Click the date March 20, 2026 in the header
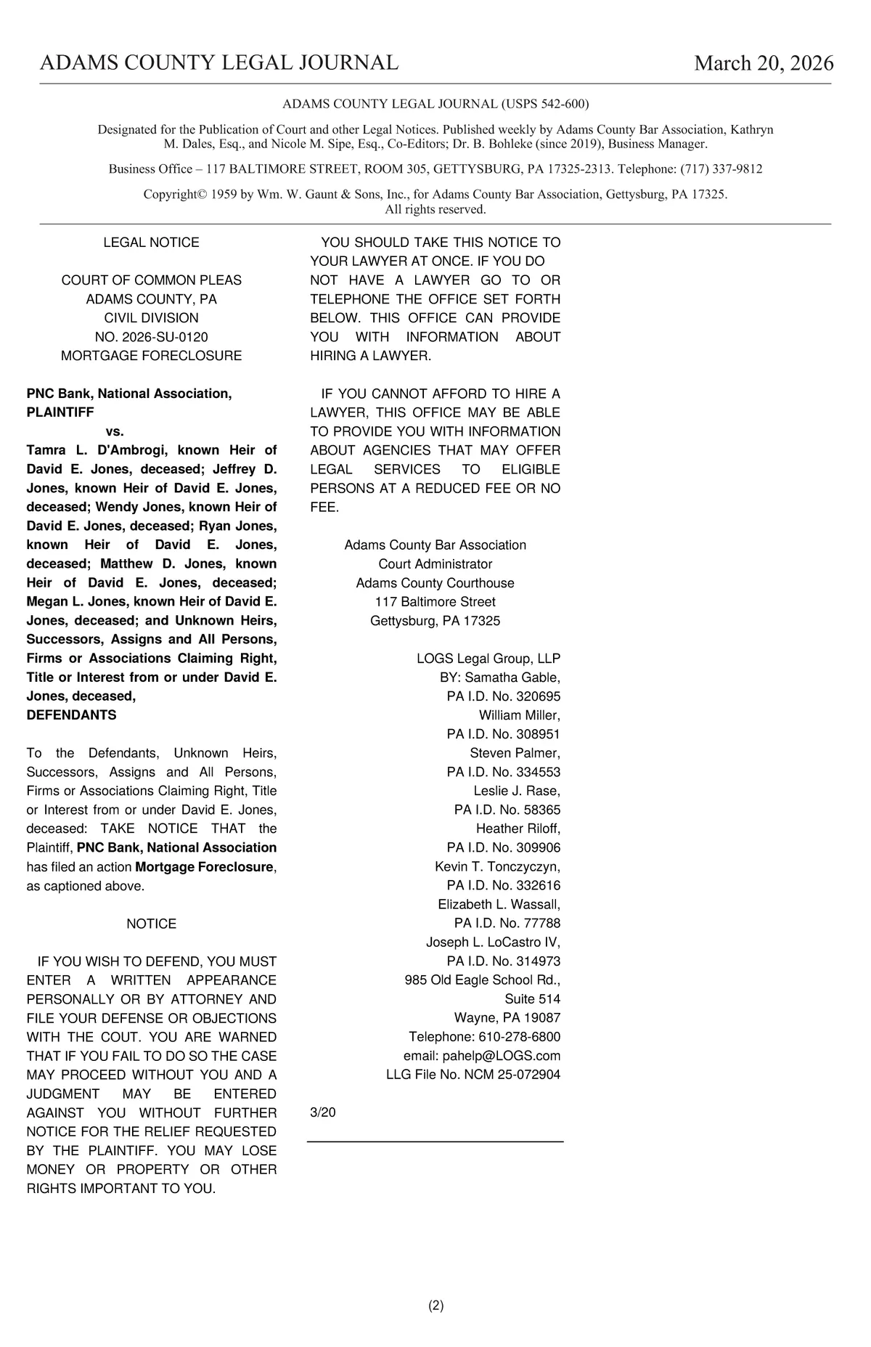[764, 63]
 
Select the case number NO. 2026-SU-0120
[151, 337]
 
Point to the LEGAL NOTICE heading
[151, 243]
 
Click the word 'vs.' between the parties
[115, 431]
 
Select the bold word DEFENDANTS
[71, 715]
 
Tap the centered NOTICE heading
[151, 924]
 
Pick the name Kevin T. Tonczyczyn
[497, 867]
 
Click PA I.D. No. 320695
[504, 696]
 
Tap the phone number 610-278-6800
[519, 1037]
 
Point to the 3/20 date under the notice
[323, 1112]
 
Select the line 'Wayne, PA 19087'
[507, 1018]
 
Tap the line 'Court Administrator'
[435, 564]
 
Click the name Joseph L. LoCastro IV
[493, 943]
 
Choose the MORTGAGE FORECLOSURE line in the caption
[151, 356]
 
